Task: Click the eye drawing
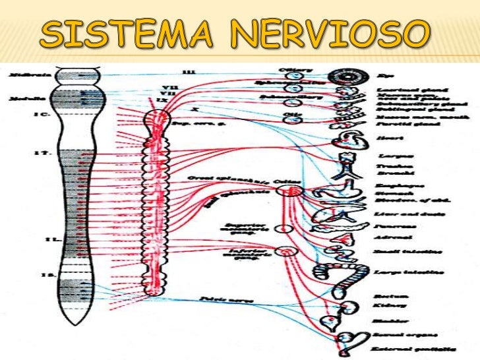click(x=344, y=76)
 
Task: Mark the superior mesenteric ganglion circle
click(x=284, y=228)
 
